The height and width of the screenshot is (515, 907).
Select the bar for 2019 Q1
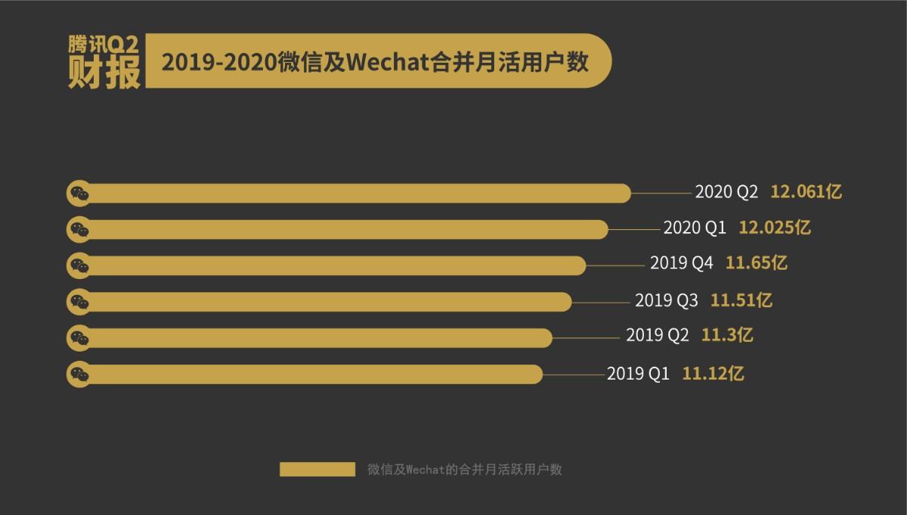(310, 374)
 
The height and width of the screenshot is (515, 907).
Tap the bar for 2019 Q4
(333, 265)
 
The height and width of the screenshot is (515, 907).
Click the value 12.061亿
(806, 192)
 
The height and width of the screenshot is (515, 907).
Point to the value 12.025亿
(775, 228)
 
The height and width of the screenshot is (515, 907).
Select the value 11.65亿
(757, 263)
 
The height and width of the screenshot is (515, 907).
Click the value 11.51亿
(741, 300)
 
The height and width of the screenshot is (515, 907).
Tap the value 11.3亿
(727, 334)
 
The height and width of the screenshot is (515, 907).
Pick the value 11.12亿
(714, 373)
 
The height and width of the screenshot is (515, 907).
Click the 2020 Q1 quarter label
(695, 228)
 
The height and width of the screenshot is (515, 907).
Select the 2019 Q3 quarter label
(667, 300)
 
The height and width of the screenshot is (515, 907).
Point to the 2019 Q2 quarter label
(658, 334)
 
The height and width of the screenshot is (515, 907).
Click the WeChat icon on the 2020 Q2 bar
(79, 194)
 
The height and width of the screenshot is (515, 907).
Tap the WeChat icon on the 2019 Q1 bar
(79, 374)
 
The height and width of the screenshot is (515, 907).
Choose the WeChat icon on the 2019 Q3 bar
(79, 302)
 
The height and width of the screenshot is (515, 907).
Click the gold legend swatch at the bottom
(317, 470)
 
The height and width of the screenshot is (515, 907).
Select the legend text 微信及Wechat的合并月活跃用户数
(465, 470)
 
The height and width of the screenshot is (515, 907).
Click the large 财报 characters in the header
(104, 73)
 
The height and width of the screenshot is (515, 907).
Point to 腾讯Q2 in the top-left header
(104, 45)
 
